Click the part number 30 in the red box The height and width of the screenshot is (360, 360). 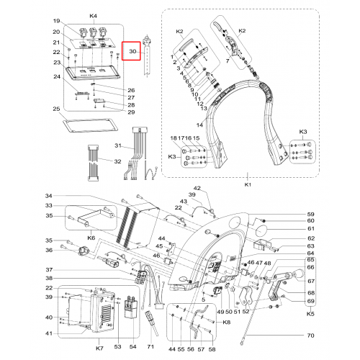point(132,51)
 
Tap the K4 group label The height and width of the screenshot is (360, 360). point(94,16)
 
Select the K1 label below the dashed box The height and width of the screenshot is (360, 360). point(248,184)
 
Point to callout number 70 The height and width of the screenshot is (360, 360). point(310,336)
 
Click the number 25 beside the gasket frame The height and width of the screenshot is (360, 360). point(56,109)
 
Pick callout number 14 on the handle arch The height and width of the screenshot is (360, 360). point(199,125)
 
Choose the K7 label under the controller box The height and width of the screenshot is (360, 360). point(99,348)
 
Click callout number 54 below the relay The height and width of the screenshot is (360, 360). point(132,346)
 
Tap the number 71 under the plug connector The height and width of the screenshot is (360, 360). point(150,346)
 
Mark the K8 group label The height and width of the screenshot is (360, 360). point(226,322)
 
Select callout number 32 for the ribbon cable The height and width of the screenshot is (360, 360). point(117,161)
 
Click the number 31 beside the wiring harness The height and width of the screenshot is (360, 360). point(118,145)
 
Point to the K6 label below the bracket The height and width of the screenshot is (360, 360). point(91,238)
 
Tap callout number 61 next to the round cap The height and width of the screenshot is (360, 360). point(311,228)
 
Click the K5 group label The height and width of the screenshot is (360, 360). point(310,314)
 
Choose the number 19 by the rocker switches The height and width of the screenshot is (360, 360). point(56,21)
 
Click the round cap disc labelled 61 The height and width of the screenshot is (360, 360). point(261,231)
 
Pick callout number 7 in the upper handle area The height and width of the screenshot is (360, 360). point(228,61)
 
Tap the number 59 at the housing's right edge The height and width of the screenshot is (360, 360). point(311,215)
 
